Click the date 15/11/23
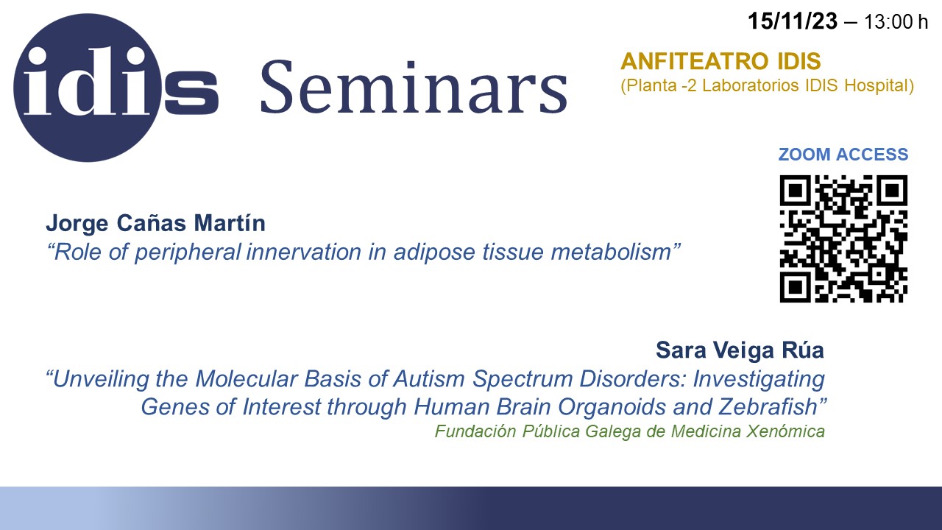[x=793, y=21]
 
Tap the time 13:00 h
[x=896, y=21]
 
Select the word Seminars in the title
[x=414, y=87]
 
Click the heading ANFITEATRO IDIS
[x=720, y=61]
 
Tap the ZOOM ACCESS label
[x=843, y=155]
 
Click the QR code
[x=843, y=239]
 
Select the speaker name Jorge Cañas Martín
[x=155, y=223]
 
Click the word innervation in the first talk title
[x=303, y=252]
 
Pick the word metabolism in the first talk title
[x=611, y=252]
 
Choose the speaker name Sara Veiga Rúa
[x=740, y=350]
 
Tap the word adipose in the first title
[x=434, y=252]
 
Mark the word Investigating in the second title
[x=759, y=379]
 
